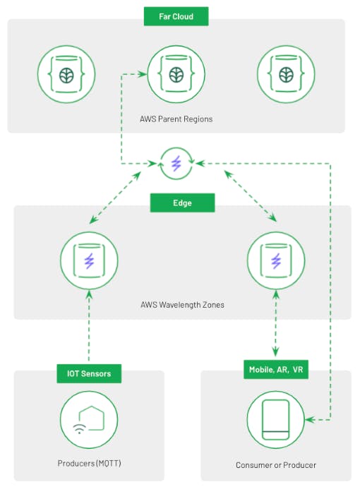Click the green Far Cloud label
click(x=176, y=16)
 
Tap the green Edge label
click(x=182, y=203)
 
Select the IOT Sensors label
click(x=89, y=373)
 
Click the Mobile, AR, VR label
click(x=276, y=370)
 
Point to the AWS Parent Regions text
click(x=176, y=119)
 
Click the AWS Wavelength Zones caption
click(x=182, y=305)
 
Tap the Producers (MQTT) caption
click(x=89, y=464)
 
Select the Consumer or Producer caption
click(x=276, y=465)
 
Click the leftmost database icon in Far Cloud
click(x=66, y=74)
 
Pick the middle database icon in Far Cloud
click(x=176, y=74)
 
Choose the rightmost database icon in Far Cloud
click(x=286, y=74)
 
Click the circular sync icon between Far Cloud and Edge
click(x=176, y=163)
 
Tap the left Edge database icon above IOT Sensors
click(x=89, y=260)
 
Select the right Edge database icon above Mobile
click(x=276, y=260)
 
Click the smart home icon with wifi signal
click(x=89, y=420)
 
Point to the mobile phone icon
click(x=276, y=420)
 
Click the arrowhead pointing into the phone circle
click(x=309, y=420)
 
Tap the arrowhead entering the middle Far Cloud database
click(x=143, y=74)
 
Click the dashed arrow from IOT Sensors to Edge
click(x=89, y=325)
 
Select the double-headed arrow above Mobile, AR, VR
click(x=276, y=323)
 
